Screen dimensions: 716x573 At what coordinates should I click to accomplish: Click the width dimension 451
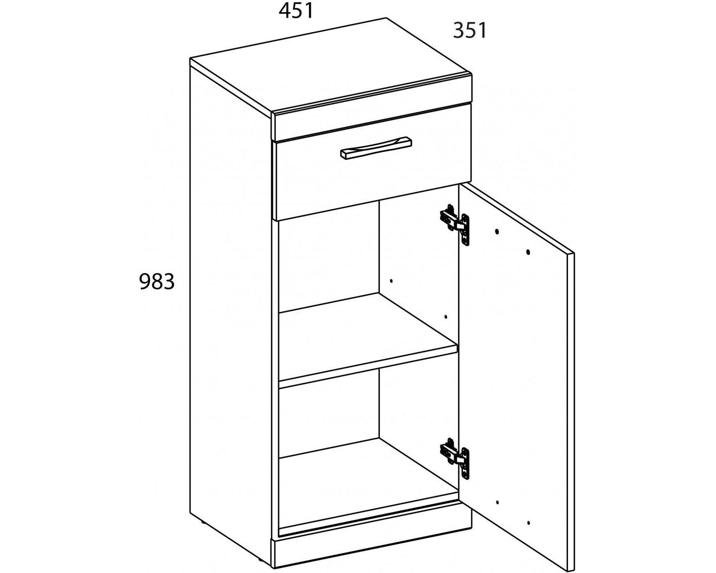[x=296, y=11]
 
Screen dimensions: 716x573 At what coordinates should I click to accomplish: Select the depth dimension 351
[x=470, y=31]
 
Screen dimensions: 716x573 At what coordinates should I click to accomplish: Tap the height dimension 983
[x=157, y=281]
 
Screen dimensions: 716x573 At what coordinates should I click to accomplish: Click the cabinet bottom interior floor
[x=369, y=485]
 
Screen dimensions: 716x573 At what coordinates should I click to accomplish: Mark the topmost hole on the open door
[x=497, y=231]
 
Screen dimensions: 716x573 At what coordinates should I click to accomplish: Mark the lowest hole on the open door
[x=528, y=532]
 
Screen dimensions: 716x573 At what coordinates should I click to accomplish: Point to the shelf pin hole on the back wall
[x=391, y=281]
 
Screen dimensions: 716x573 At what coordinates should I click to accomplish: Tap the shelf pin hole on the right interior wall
[x=446, y=317]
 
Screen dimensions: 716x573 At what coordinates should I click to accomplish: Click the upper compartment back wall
[x=329, y=256]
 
